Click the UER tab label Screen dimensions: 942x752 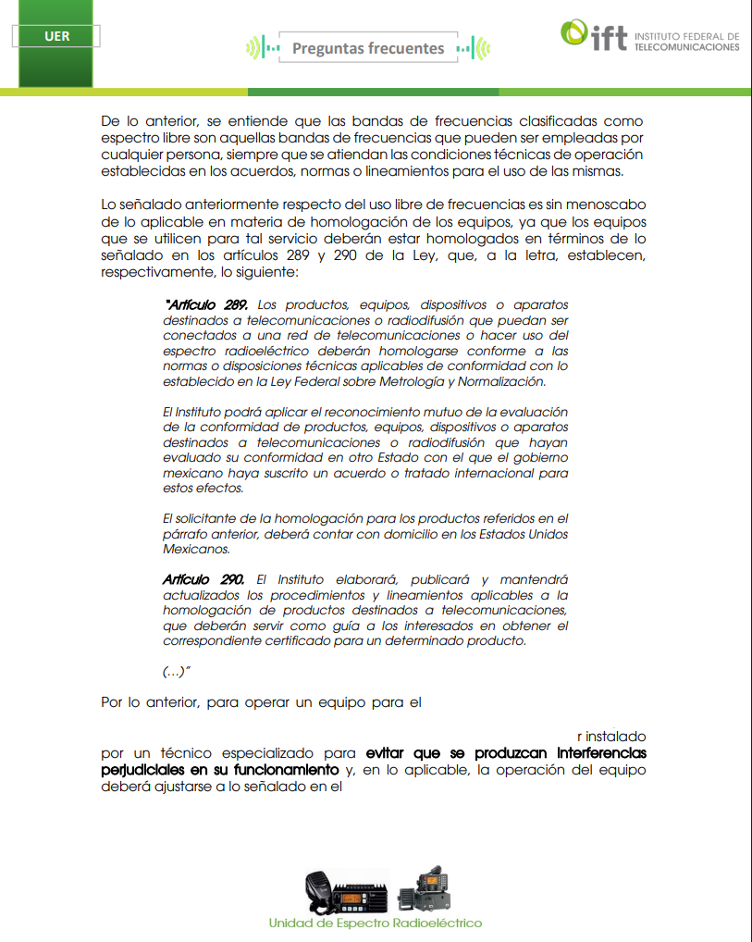tap(55, 37)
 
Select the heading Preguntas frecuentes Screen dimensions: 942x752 tap(368, 48)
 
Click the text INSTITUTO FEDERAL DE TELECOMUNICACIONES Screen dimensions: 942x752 tap(686, 42)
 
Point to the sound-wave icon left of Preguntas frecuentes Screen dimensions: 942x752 tap(264, 48)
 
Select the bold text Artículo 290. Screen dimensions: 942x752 tap(203, 578)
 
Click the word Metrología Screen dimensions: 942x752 tap(429, 381)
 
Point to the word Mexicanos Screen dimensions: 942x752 tap(195, 549)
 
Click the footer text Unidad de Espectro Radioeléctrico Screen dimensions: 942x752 tap(375, 923)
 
